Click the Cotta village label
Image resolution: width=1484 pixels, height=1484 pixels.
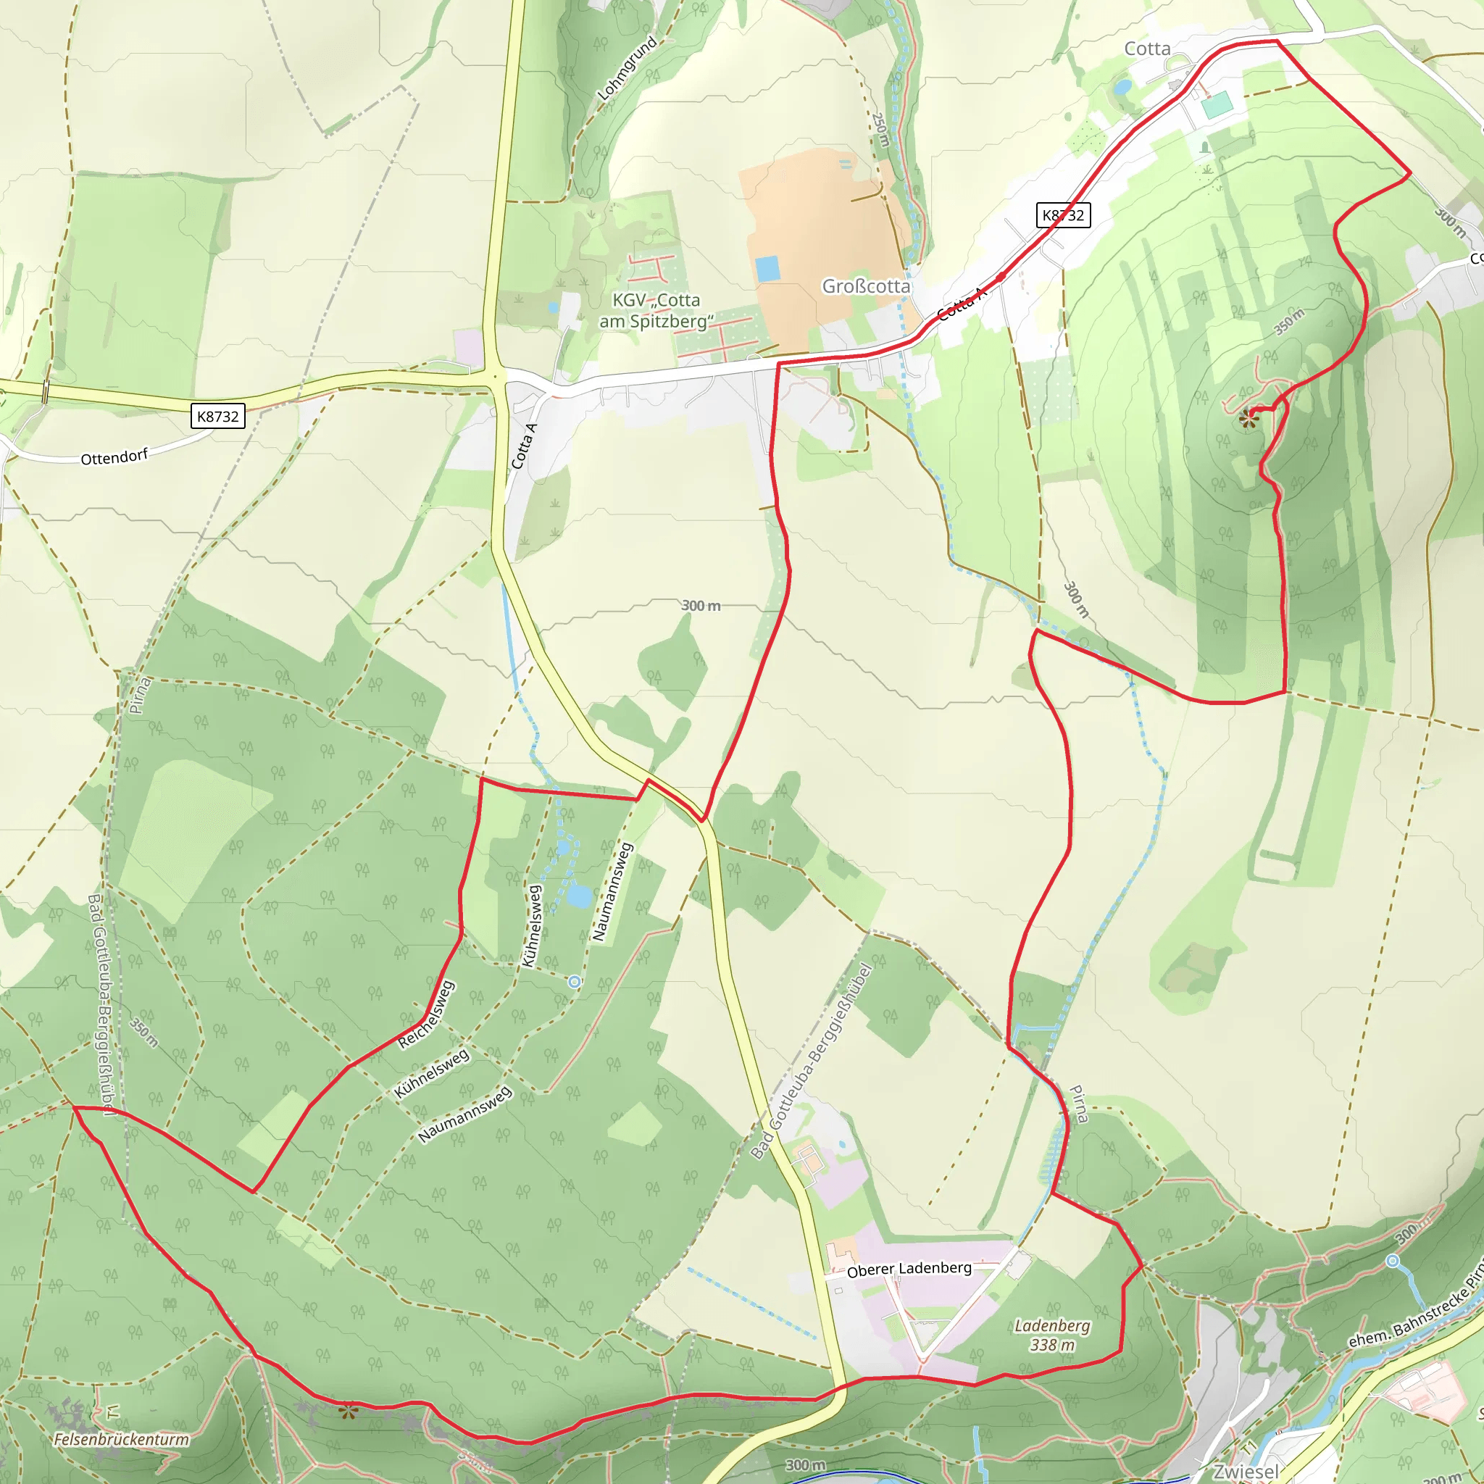click(1147, 49)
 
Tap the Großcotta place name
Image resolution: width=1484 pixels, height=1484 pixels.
click(866, 285)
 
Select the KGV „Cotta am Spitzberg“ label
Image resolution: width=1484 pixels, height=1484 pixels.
click(656, 310)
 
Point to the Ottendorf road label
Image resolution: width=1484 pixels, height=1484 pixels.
click(114, 457)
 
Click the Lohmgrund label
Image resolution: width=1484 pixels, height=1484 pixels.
click(628, 67)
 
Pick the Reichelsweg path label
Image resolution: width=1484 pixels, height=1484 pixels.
click(426, 1014)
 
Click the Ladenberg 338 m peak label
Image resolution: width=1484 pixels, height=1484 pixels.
click(1052, 1334)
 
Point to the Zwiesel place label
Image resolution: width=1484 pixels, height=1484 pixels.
click(1246, 1471)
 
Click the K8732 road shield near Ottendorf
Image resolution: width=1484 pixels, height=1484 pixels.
click(218, 417)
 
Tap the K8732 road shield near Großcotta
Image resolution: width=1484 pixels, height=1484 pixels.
click(1063, 215)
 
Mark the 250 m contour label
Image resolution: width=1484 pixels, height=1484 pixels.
click(880, 130)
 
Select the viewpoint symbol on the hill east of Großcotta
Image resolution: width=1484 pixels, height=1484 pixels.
click(1249, 419)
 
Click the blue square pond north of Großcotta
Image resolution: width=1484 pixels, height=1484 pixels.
click(767, 269)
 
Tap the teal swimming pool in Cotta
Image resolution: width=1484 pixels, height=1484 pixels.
click(1217, 104)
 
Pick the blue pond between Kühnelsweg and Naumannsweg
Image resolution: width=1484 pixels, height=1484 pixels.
click(579, 896)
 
